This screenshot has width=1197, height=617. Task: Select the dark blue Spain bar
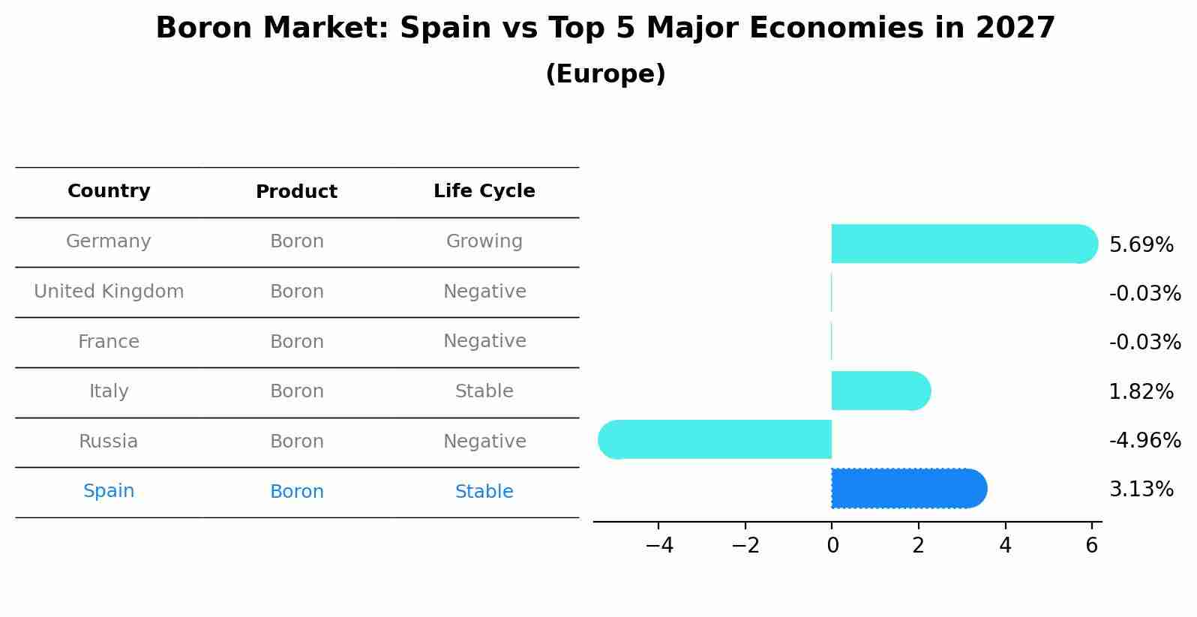[907, 489]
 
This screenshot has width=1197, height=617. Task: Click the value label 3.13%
[1141, 490]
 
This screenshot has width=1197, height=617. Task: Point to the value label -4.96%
[1144, 440]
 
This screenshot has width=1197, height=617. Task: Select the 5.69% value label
[1141, 245]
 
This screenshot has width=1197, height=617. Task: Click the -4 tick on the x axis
[659, 546]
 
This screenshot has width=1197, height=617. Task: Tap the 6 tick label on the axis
[1091, 546]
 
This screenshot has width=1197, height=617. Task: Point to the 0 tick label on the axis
[832, 546]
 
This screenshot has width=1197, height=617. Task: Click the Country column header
[109, 191]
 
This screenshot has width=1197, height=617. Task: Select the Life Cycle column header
[484, 191]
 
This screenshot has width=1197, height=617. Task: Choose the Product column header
[296, 192]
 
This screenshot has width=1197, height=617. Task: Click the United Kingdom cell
[109, 292]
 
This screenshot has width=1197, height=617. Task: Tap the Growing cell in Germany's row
[484, 241]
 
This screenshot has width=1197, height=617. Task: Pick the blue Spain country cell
[109, 491]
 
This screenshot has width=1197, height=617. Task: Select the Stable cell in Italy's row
[484, 391]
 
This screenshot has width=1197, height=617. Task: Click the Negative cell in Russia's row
[484, 442]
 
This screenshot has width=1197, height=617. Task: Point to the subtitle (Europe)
[605, 74]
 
